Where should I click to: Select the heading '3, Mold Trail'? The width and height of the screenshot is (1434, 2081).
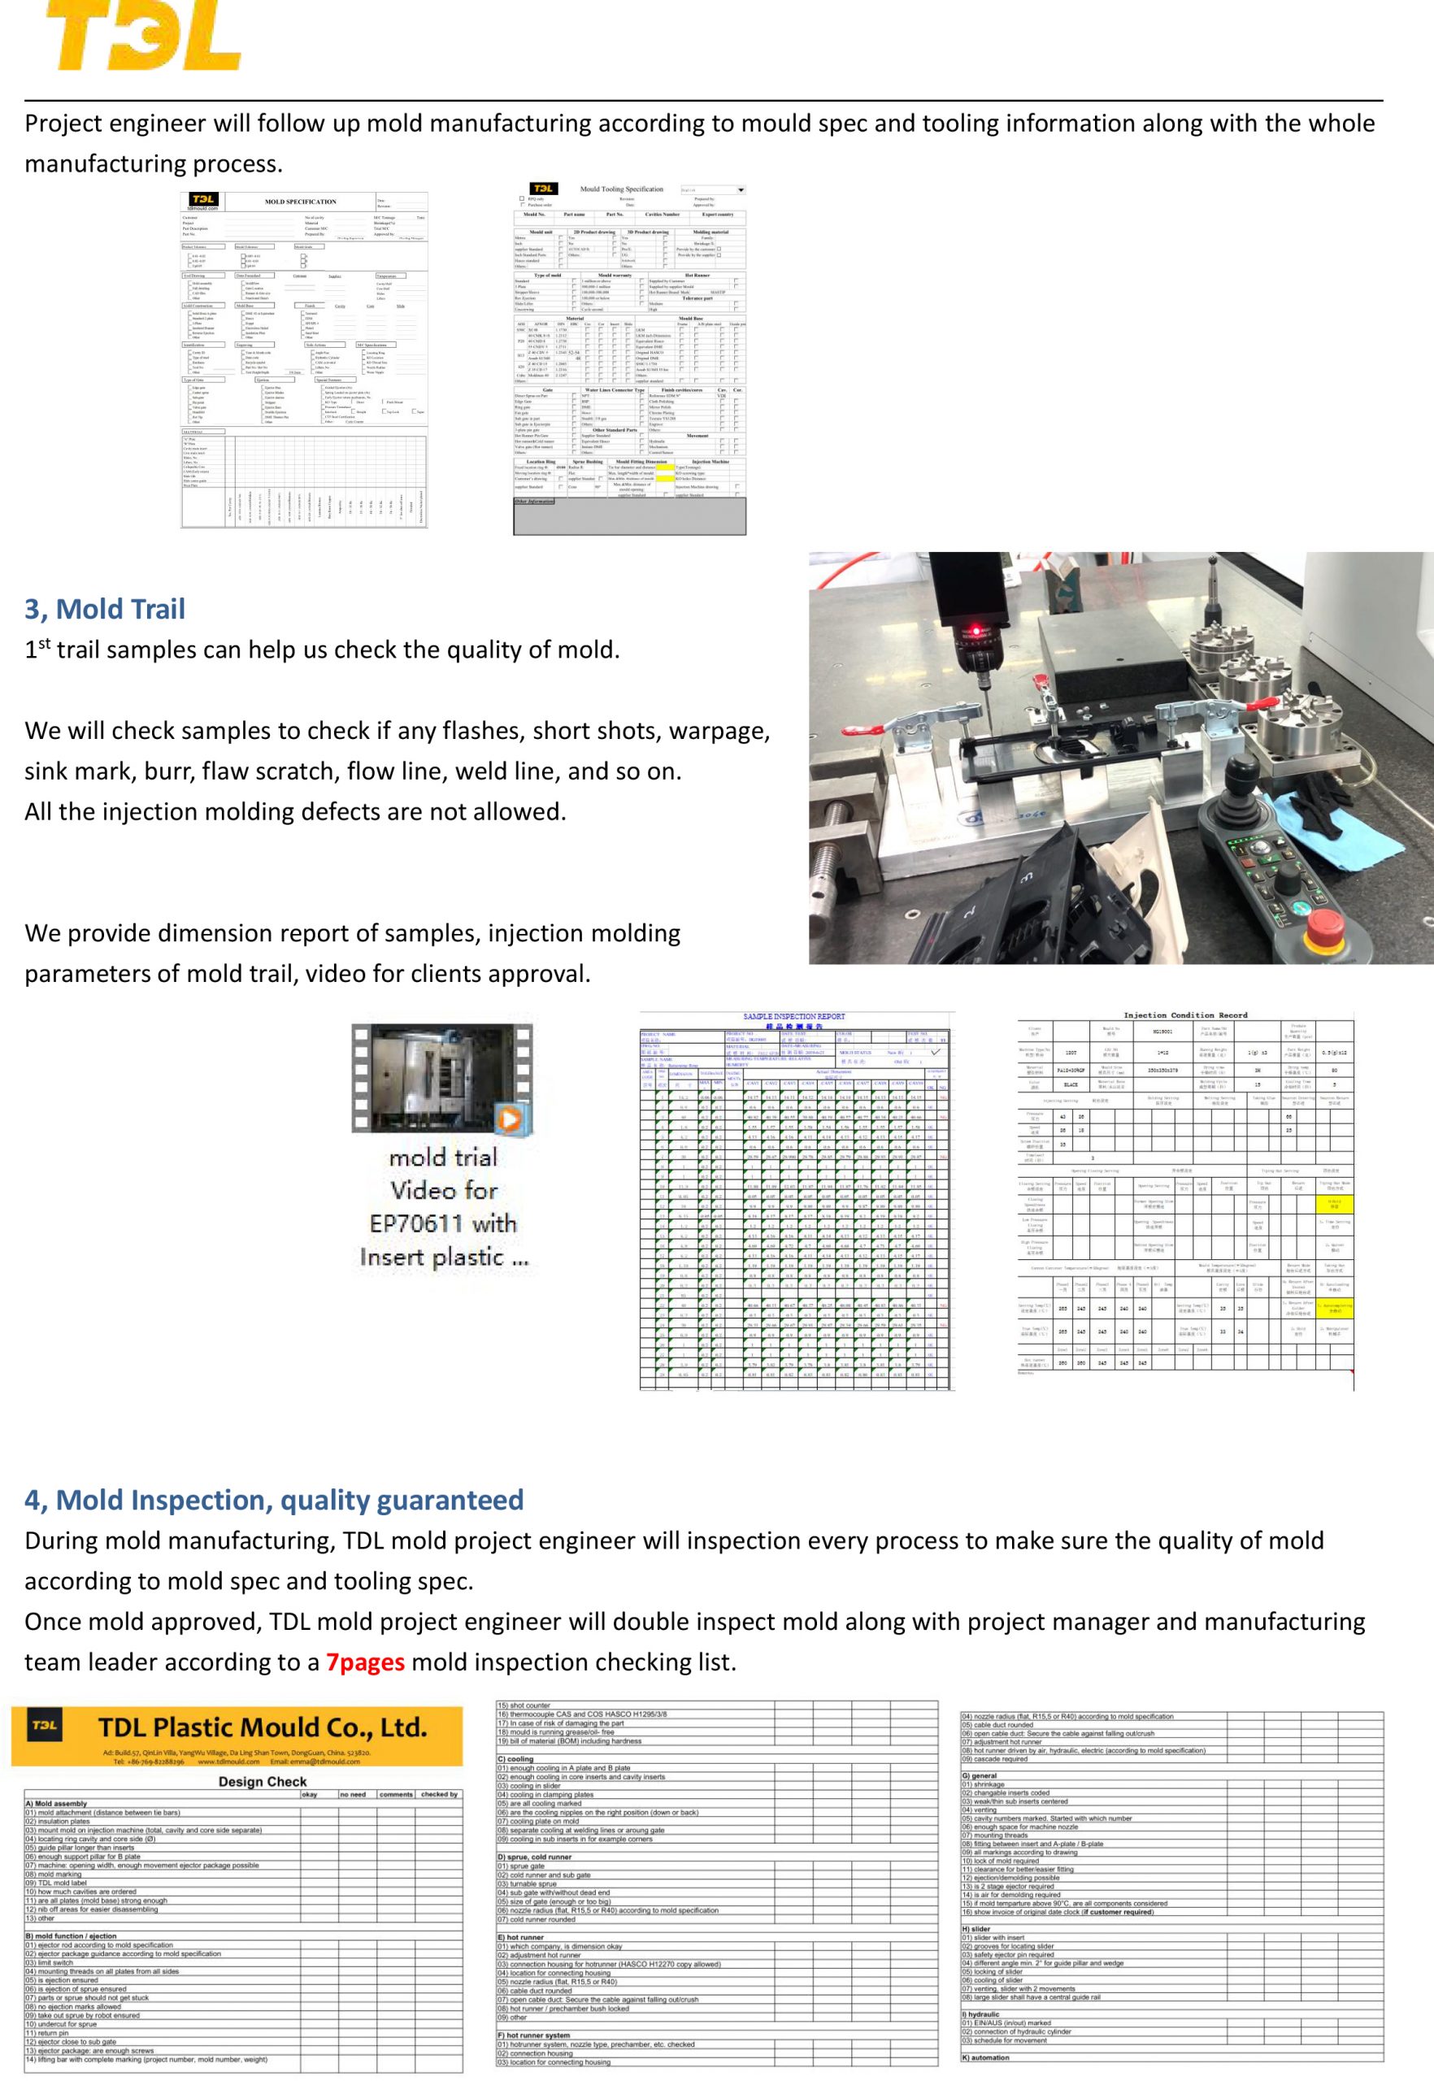click(104, 609)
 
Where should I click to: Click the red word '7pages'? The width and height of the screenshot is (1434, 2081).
click(366, 1662)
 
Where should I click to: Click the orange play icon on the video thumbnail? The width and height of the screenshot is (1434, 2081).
click(510, 1119)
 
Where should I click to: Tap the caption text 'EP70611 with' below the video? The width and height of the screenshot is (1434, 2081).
click(443, 1223)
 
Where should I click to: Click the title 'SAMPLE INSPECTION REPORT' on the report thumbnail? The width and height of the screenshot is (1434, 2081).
click(794, 1016)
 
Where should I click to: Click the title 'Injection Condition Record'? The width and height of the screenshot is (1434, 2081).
click(1185, 1015)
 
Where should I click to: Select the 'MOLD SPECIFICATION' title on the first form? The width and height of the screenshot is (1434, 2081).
click(300, 202)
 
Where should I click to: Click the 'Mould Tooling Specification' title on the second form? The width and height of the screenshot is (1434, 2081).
click(621, 189)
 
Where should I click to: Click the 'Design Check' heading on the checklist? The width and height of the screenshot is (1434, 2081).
click(263, 1782)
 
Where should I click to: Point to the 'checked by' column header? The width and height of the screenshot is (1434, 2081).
click(439, 1794)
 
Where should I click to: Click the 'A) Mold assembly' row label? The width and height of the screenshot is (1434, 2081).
click(57, 1803)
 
